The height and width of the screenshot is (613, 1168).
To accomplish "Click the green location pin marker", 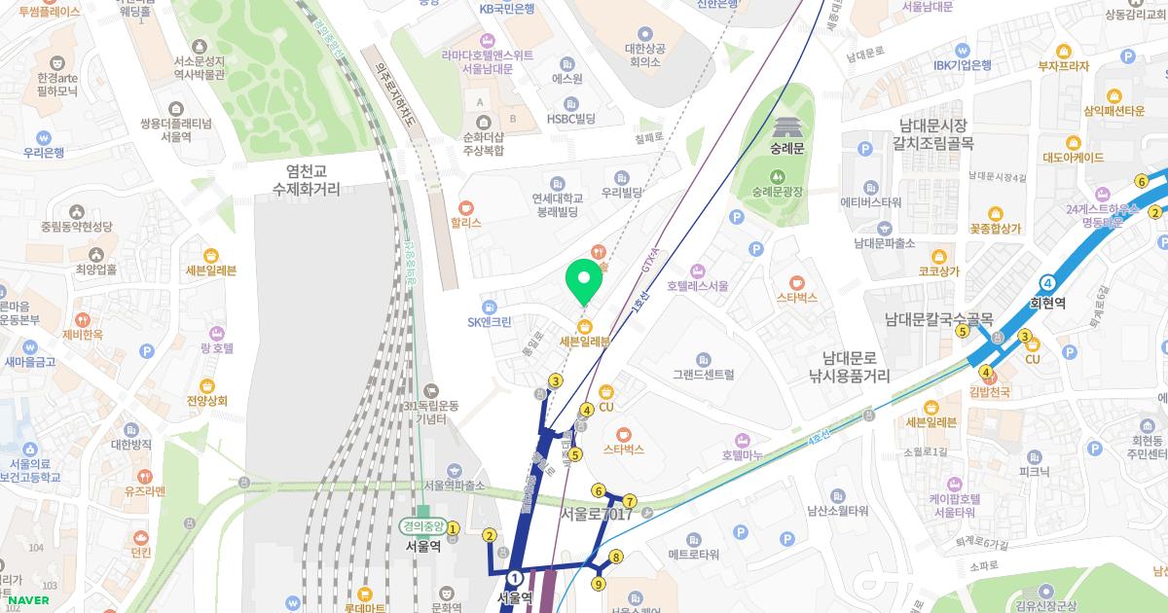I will click(584, 282).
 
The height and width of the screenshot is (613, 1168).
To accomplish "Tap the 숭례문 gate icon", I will click(785, 126).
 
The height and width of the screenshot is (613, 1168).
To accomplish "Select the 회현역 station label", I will click(1047, 303).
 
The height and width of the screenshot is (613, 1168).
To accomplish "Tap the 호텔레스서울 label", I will click(698, 286).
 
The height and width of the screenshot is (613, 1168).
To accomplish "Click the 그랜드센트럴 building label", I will click(703, 374).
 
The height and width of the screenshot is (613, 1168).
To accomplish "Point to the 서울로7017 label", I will click(597, 514).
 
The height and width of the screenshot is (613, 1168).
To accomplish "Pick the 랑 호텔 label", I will click(216, 347).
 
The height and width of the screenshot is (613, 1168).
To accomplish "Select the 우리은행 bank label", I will click(44, 153).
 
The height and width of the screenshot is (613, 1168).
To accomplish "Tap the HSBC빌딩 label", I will click(570, 119).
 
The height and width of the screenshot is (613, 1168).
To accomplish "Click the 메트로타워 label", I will click(693, 555).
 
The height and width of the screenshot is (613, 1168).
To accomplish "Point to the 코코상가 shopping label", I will click(938, 271).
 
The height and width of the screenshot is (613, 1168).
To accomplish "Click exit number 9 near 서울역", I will click(598, 584).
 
